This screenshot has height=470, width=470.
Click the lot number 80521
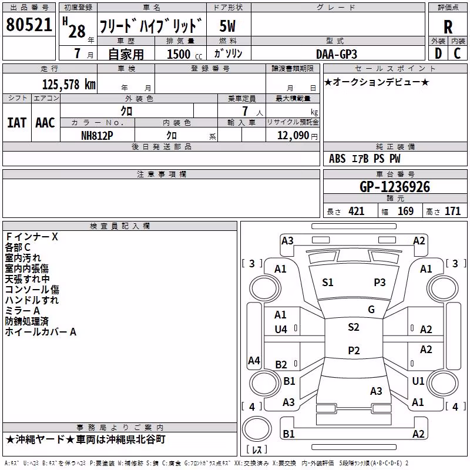[x=29, y=25]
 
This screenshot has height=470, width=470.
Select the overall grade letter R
[x=448, y=27]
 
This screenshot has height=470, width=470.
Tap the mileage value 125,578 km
[x=69, y=85]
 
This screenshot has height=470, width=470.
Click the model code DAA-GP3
[x=337, y=54]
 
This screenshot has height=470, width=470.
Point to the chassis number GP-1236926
[x=395, y=187]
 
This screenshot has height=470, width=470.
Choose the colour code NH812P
[x=97, y=136]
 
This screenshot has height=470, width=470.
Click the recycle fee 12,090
[x=293, y=136]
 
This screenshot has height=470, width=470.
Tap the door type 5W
[x=227, y=26]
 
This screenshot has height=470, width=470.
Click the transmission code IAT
[x=17, y=123]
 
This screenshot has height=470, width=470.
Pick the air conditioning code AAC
[x=45, y=123]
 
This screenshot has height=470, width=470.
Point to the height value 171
[x=452, y=211]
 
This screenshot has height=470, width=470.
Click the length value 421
[x=357, y=211]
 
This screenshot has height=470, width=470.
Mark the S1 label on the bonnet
[x=328, y=283]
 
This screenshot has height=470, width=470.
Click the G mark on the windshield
[x=371, y=310]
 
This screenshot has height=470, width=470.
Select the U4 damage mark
[x=281, y=330]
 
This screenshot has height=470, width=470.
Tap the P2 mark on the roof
[x=354, y=350]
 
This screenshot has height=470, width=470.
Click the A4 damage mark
[x=254, y=360]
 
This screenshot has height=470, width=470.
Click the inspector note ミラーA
[x=22, y=311]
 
